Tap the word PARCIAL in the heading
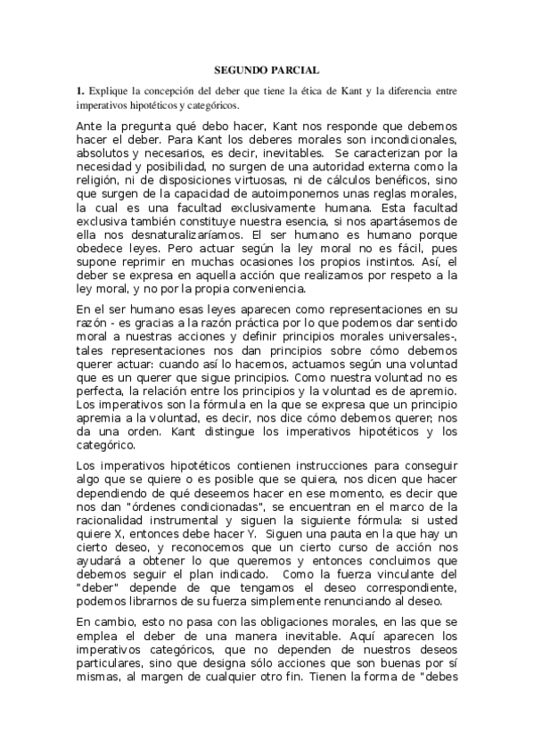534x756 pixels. click(295, 70)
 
